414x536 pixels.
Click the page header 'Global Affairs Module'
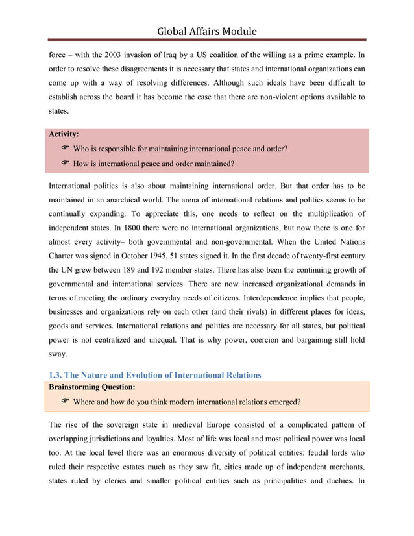(207, 31)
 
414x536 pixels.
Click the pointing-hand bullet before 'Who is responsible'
(65, 149)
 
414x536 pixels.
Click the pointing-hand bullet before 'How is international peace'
(65, 163)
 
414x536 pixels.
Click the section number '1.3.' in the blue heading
(57, 375)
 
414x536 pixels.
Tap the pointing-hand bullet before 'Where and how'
(65, 402)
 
